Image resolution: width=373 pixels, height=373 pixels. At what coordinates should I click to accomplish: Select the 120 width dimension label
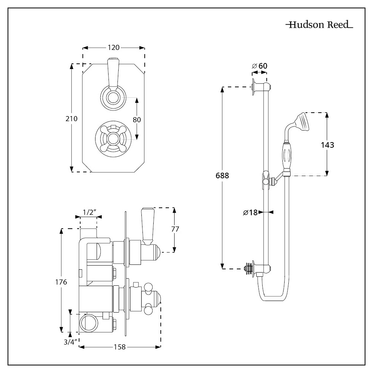[113, 47]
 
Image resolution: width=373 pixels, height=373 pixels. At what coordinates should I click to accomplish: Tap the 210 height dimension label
[71, 119]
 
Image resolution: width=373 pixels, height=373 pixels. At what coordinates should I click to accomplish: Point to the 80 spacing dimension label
[137, 120]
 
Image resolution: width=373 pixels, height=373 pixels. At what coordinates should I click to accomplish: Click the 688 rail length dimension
[222, 176]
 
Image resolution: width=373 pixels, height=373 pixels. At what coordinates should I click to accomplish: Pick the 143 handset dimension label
[327, 145]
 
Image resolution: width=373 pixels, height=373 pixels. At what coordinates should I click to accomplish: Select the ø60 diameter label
[260, 66]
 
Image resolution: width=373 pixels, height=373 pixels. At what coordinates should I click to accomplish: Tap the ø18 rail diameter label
[250, 213]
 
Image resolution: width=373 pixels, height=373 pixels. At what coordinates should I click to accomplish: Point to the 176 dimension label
[61, 282]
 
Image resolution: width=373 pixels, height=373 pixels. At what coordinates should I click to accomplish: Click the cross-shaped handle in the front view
[112, 138]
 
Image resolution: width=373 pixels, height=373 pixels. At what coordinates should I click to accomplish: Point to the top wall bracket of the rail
[260, 87]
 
